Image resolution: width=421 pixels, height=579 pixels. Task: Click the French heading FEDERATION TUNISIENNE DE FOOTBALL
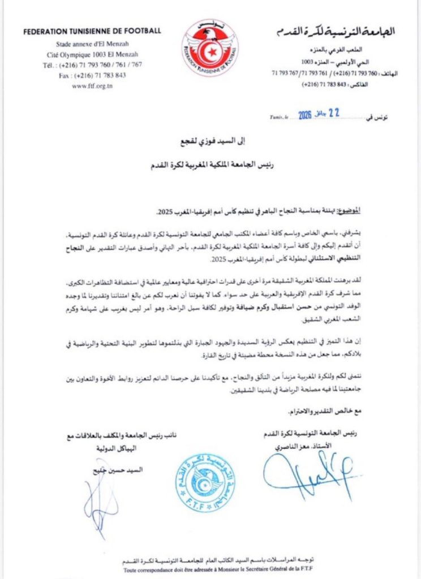point(92,31)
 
